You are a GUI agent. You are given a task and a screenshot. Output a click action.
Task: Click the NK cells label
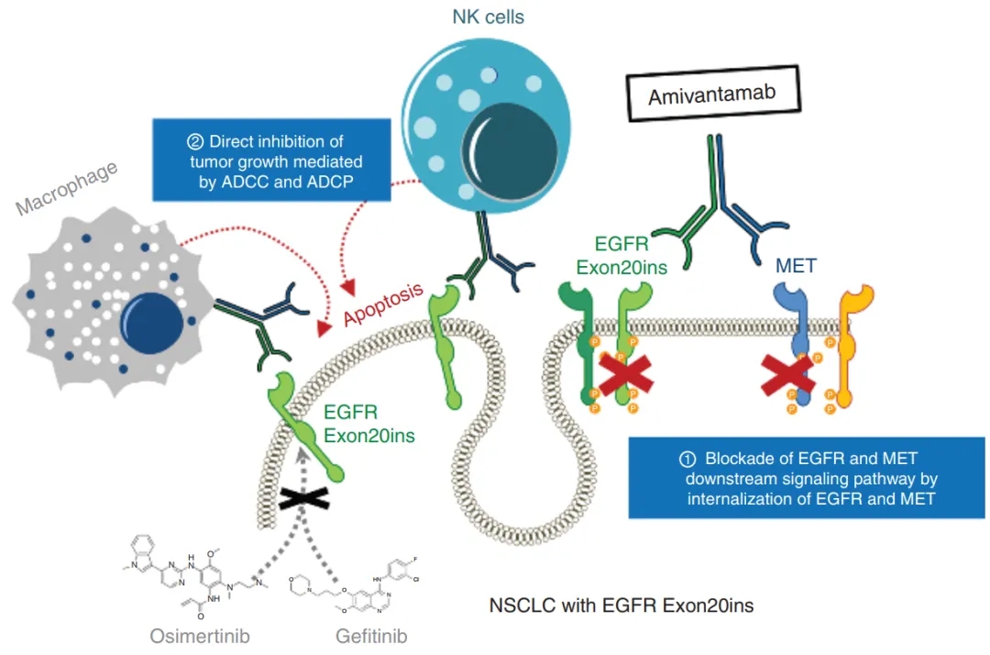[x=488, y=17]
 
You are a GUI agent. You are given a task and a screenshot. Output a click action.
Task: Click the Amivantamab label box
[x=713, y=94]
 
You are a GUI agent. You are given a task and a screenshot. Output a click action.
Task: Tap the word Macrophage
[x=66, y=187]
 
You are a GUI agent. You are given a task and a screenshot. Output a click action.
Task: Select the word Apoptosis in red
[x=382, y=305]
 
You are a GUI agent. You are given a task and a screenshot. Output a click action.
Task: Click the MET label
[x=796, y=266]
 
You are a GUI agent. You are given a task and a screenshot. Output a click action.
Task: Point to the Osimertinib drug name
[x=200, y=636]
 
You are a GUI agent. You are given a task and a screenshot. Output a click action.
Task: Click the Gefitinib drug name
[x=371, y=636]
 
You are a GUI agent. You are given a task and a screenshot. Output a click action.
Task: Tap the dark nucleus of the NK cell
[x=511, y=151]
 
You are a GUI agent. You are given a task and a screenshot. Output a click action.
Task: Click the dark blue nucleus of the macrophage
[x=151, y=323]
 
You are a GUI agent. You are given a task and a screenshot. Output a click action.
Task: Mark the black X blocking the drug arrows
[x=303, y=498]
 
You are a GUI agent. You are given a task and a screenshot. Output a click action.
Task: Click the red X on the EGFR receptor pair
[x=625, y=374]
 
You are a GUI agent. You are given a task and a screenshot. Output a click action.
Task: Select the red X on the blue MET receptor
[x=787, y=375]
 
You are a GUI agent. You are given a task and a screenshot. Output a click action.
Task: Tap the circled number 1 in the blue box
[x=687, y=460]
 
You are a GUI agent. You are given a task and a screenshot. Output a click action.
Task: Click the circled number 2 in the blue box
[x=195, y=142]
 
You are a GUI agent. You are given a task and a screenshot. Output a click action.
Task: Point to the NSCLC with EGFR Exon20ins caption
[x=621, y=605]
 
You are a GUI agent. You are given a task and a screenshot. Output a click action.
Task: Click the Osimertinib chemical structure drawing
[x=196, y=576]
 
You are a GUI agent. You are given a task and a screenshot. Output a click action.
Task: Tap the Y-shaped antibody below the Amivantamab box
[x=718, y=202]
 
